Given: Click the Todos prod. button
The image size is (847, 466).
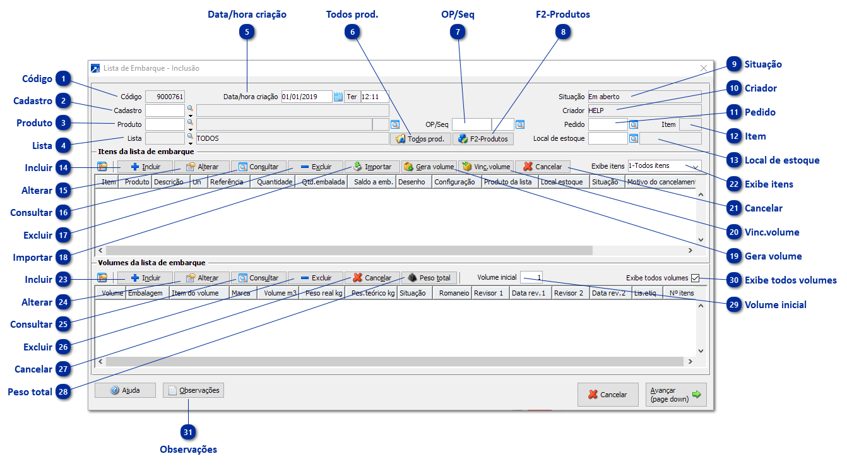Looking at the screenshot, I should click(x=420, y=139).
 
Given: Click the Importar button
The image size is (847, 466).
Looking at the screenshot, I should click(x=372, y=167).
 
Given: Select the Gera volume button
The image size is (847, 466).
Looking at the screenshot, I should click(x=429, y=167).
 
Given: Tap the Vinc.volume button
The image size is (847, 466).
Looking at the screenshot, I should click(x=485, y=167).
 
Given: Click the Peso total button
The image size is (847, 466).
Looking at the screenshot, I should click(x=429, y=278).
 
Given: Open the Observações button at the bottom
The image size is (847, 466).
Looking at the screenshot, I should click(x=193, y=390).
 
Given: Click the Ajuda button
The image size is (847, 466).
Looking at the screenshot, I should click(x=125, y=390).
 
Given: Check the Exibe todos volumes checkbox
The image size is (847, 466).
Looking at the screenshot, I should click(x=696, y=278).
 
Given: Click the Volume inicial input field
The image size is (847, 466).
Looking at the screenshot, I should click(x=531, y=278).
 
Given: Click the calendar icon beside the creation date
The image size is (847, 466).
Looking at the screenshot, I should click(x=338, y=97).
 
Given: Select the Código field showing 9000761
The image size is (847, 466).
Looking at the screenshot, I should click(x=165, y=97).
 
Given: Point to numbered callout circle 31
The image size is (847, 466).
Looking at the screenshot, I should click(x=187, y=433).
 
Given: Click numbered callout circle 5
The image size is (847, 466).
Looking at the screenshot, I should click(x=247, y=32).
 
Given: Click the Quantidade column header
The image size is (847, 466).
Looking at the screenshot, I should click(x=272, y=182).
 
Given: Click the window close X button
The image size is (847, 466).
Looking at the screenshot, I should click(x=704, y=68).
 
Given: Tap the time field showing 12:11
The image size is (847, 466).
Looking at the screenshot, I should click(x=374, y=97).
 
